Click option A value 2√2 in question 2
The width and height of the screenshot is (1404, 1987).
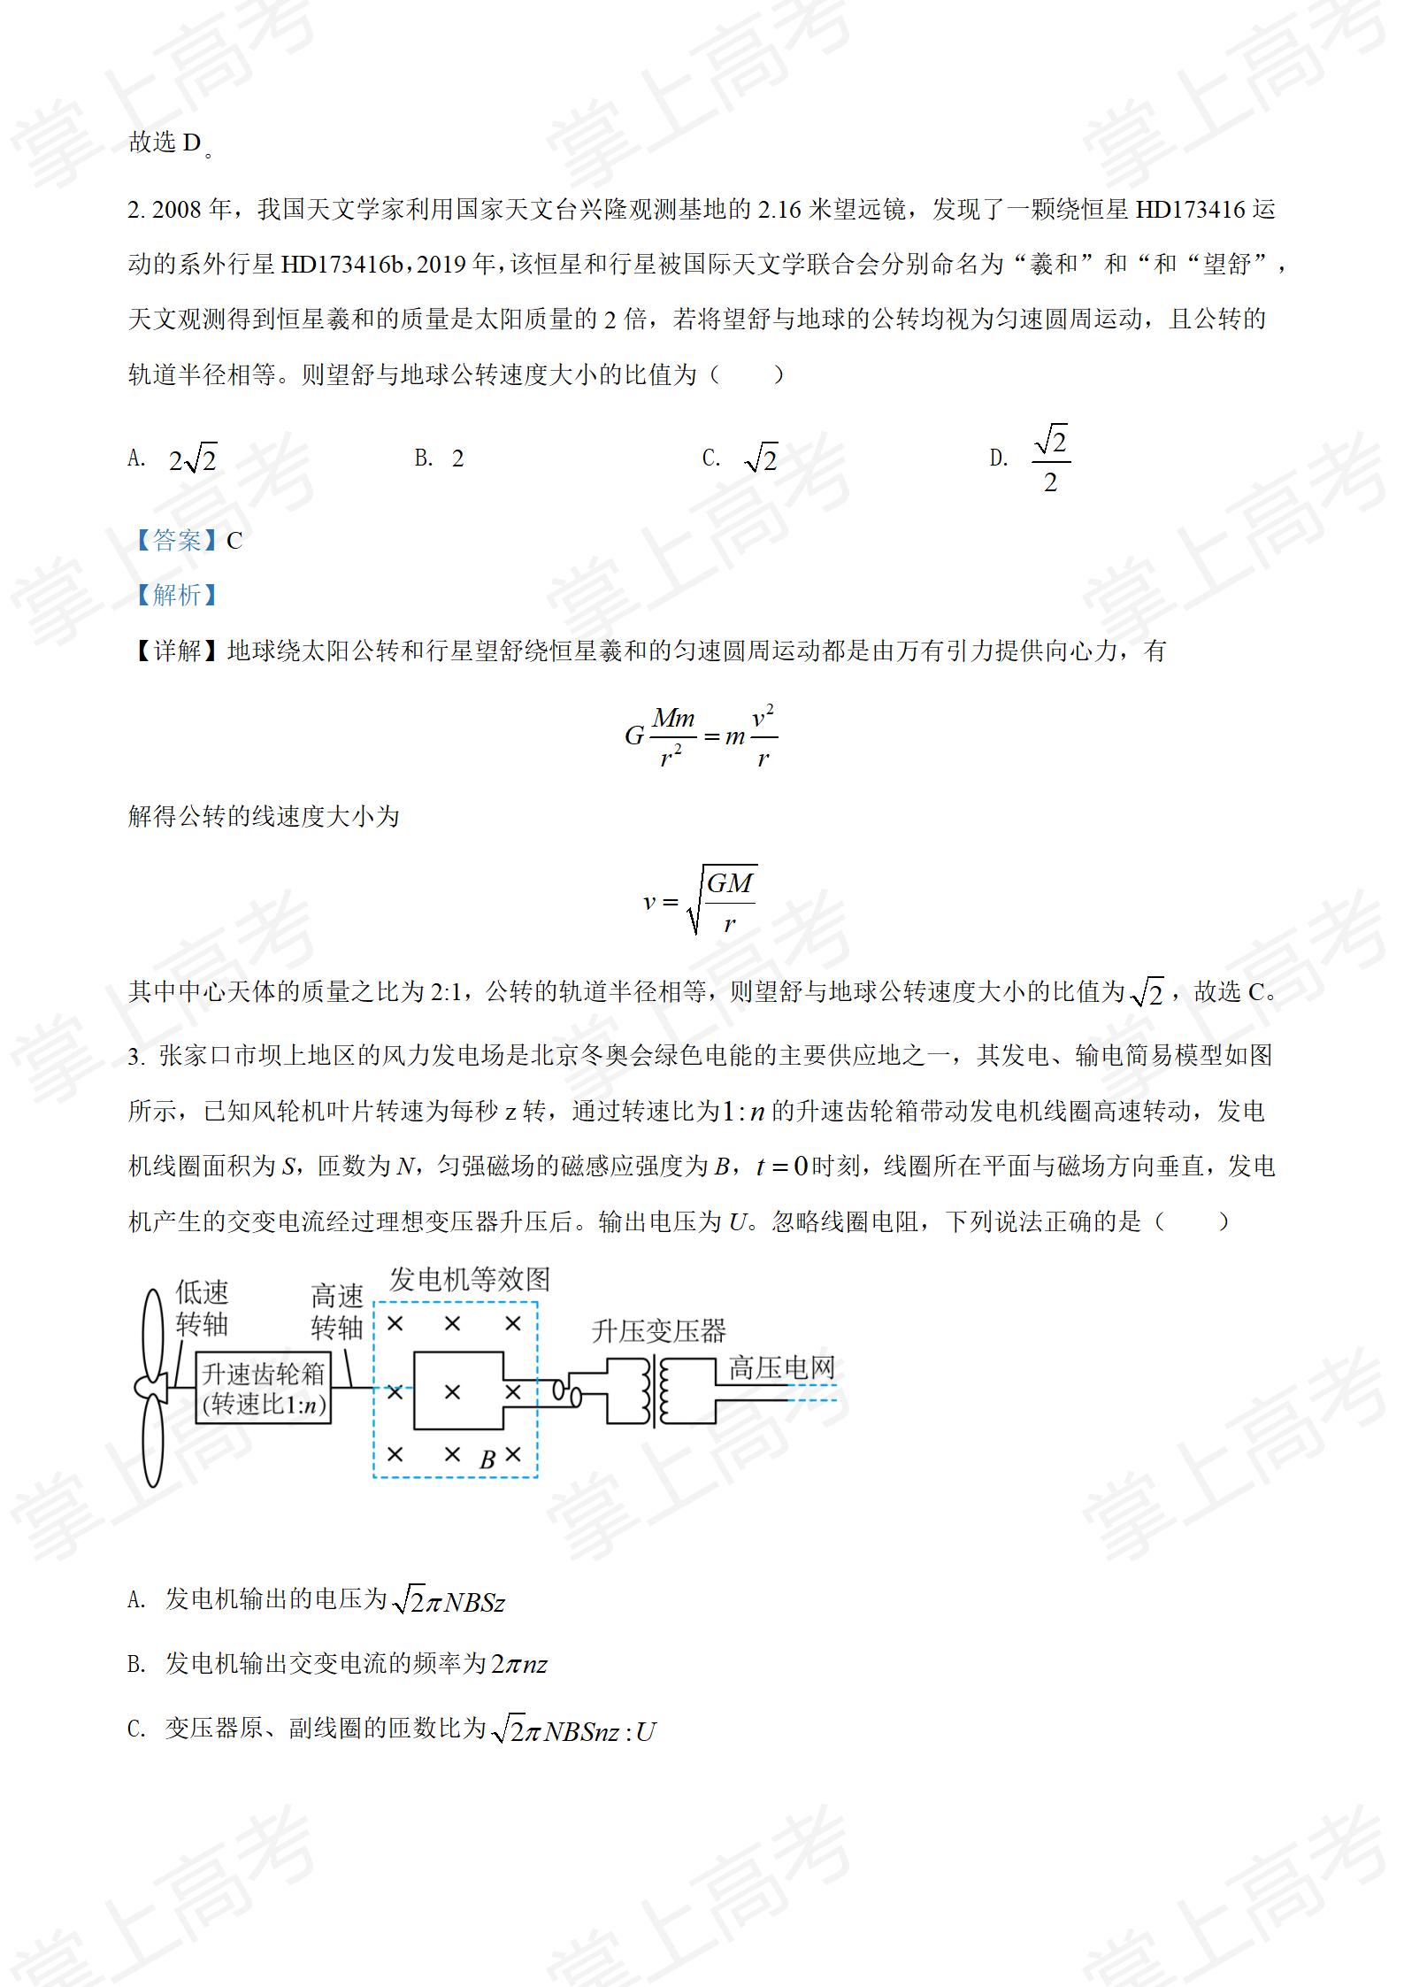(193, 459)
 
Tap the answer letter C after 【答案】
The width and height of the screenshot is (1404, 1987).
(234, 541)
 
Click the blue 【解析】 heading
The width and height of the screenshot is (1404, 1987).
(176, 595)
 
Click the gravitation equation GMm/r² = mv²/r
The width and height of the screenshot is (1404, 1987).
(701, 736)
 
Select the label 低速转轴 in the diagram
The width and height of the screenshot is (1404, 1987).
(202, 1309)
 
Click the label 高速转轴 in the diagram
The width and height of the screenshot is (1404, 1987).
(337, 1313)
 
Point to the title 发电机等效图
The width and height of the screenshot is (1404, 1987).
(470, 1280)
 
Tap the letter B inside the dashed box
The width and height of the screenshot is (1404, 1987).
(487, 1460)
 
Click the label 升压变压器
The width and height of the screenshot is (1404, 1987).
(659, 1331)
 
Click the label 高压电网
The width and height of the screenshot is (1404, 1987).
(781, 1368)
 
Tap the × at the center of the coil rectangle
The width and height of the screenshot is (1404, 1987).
(452, 1392)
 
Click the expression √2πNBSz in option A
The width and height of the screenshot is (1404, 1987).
(448, 1601)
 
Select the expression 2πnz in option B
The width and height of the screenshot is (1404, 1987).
(519, 1664)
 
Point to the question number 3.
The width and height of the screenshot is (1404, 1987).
(134, 1057)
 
